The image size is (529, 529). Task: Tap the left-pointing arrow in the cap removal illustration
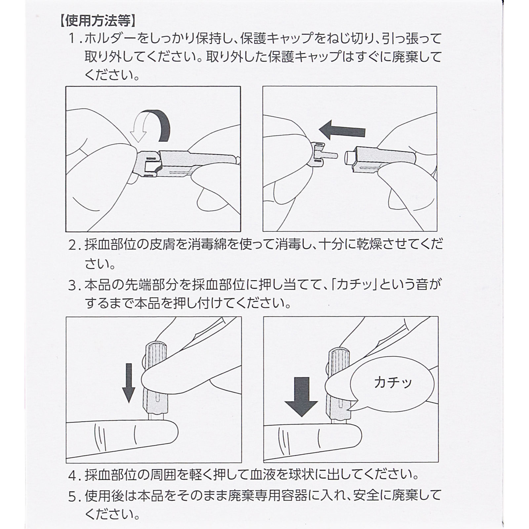click(x=342, y=130)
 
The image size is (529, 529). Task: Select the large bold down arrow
click(x=301, y=397)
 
